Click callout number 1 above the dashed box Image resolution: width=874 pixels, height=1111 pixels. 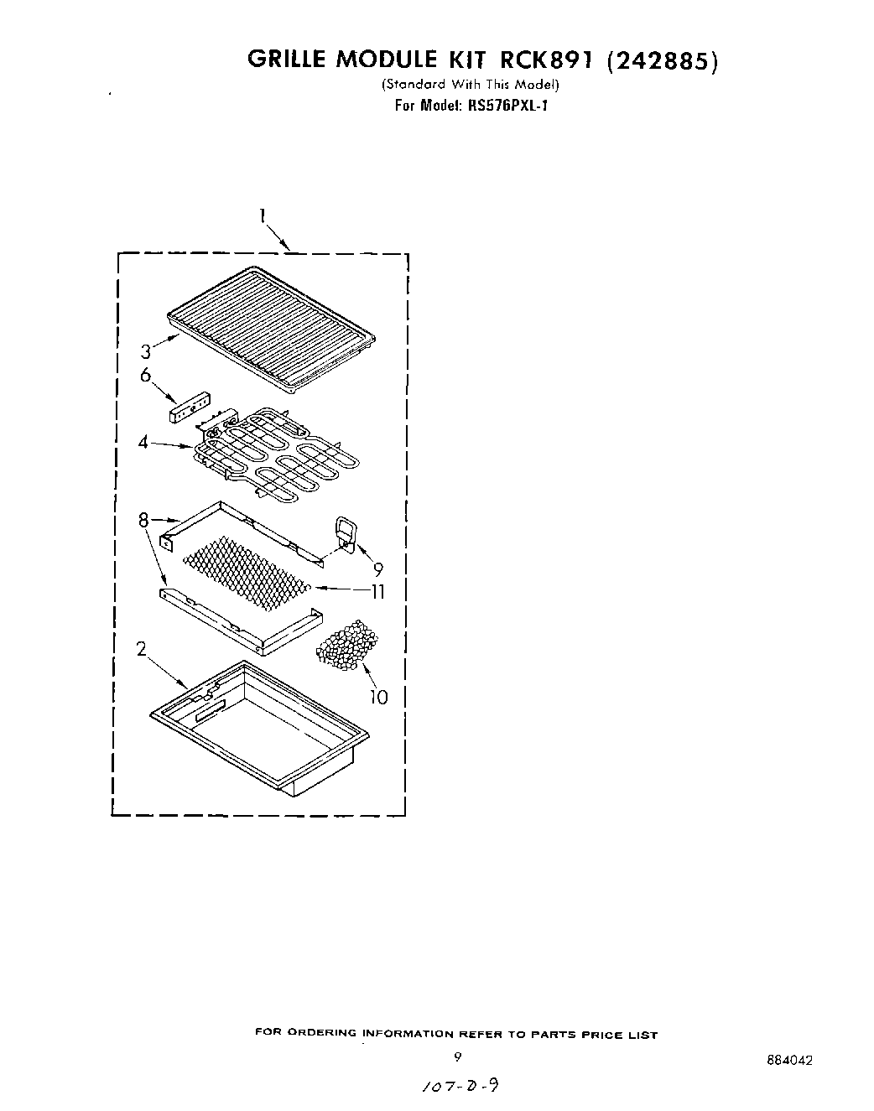click(263, 216)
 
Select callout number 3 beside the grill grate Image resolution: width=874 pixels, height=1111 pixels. click(146, 351)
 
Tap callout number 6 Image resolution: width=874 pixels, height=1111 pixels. click(146, 375)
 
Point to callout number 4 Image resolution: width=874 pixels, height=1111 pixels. click(143, 442)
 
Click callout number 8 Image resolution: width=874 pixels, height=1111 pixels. click(143, 521)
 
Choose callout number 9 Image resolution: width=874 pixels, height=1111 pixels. click(378, 568)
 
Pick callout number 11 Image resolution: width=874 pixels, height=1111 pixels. click(377, 591)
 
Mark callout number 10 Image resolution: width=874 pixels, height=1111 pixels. click(379, 696)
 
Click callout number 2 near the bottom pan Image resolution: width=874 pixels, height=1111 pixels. click(142, 648)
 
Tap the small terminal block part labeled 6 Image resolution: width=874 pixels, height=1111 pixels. click(189, 408)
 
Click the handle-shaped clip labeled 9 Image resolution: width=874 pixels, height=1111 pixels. click(345, 532)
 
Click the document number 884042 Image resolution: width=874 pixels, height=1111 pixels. click(789, 1060)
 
